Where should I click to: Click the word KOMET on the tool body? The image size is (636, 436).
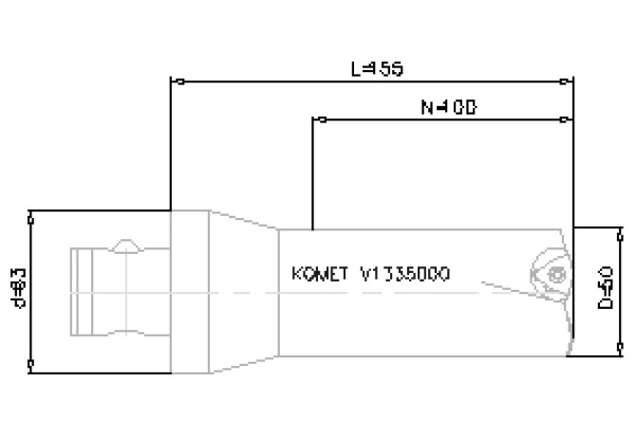point(317,275)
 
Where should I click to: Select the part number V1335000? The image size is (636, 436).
point(405,275)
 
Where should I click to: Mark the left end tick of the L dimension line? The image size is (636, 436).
point(170,82)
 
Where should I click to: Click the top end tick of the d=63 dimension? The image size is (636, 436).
point(33,218)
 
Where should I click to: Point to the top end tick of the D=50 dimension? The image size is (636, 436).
point(621,230)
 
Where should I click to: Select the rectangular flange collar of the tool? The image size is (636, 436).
point(190,290)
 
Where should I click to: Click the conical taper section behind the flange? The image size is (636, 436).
point(242,290)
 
